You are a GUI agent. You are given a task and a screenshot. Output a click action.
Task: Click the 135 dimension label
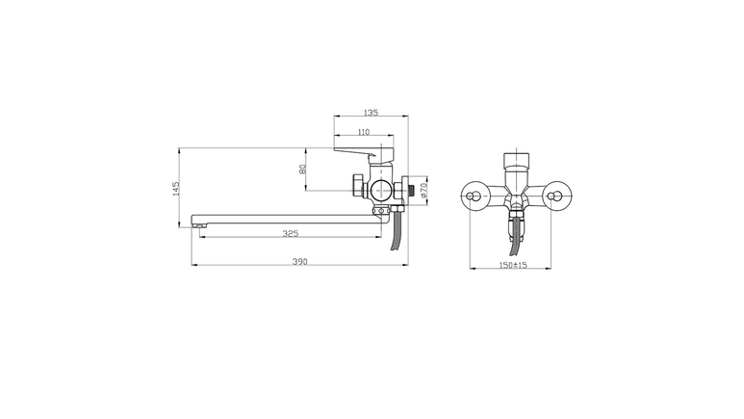[372, 113]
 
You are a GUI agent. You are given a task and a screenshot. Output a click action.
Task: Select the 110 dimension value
[364, 132]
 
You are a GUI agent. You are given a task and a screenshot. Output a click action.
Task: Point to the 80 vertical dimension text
[302, 170]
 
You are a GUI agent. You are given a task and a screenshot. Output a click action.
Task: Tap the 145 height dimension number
[176, 189]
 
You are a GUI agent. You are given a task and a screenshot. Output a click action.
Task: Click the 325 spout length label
[291, 233]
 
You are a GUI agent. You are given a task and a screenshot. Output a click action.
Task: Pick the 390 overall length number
[300, 261]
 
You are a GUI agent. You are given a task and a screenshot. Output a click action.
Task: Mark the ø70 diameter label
[423, 191]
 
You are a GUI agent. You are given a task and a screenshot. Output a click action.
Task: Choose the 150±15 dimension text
[513, 265]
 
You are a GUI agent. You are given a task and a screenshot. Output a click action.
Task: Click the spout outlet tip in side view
[199, 226]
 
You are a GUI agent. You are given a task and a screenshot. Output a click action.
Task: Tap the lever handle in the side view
[363, 153]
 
